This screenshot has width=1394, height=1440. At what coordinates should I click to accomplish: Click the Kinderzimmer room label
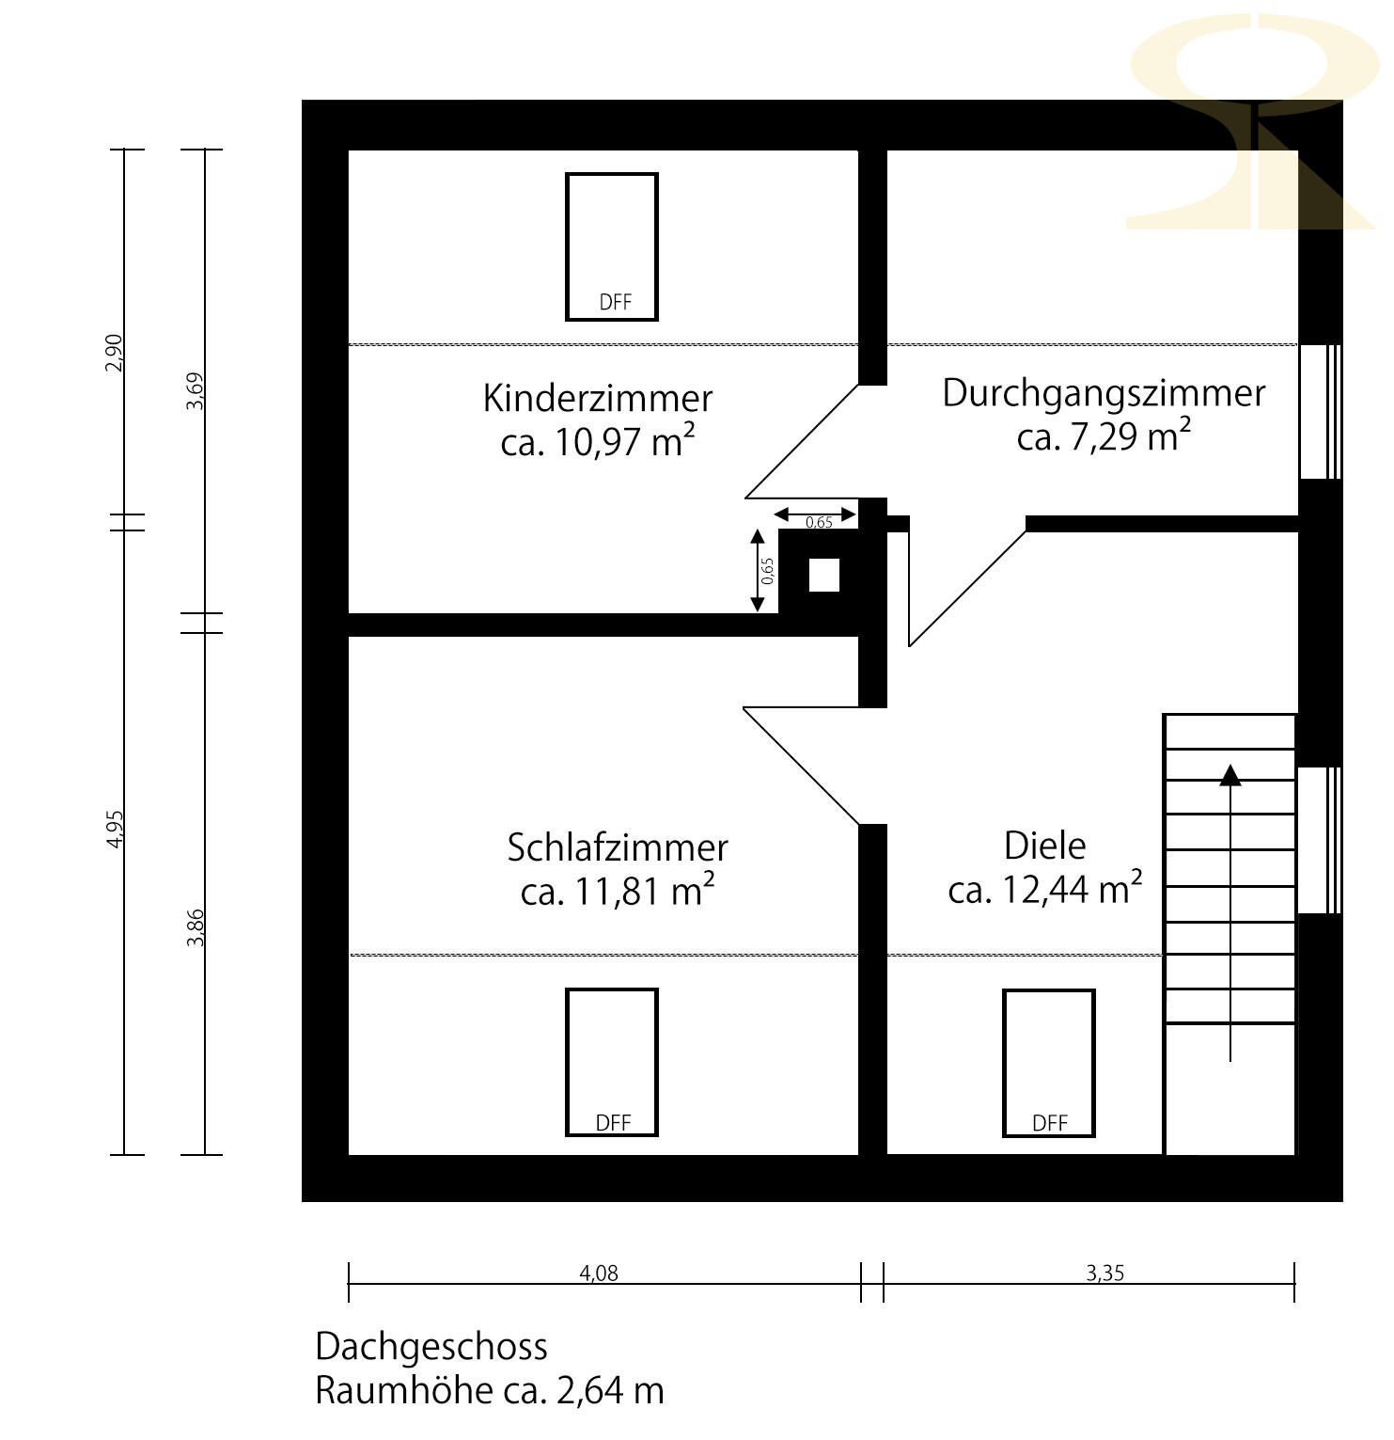[598, 398]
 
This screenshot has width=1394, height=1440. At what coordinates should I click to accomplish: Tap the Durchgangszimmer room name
[1104, 393]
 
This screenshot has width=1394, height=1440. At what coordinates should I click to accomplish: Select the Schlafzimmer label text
[618, 847]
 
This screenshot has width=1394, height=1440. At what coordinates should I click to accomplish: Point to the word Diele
[1045, 846]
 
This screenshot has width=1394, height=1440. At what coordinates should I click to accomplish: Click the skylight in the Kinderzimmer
[612, 246]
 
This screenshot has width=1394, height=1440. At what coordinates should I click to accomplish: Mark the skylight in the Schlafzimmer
[612, 1062]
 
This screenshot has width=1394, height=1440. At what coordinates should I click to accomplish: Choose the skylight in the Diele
[1049, 1063]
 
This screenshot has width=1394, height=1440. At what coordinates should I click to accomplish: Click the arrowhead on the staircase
[1230, 774]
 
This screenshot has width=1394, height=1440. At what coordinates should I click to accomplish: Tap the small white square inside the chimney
[824, 576]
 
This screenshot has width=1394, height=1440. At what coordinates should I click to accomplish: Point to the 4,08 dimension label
[599, 1274]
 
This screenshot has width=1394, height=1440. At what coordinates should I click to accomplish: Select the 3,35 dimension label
[1105, 1274]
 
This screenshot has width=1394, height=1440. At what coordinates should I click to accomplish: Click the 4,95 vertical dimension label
[115, 830]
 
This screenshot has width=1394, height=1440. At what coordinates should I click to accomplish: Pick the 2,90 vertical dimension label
[114, 353]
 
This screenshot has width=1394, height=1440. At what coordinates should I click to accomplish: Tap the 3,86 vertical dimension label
[196, 927]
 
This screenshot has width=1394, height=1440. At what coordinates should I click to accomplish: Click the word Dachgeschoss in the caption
[431, 1347]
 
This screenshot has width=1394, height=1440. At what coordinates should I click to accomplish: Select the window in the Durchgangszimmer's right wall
[1320, 412]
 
